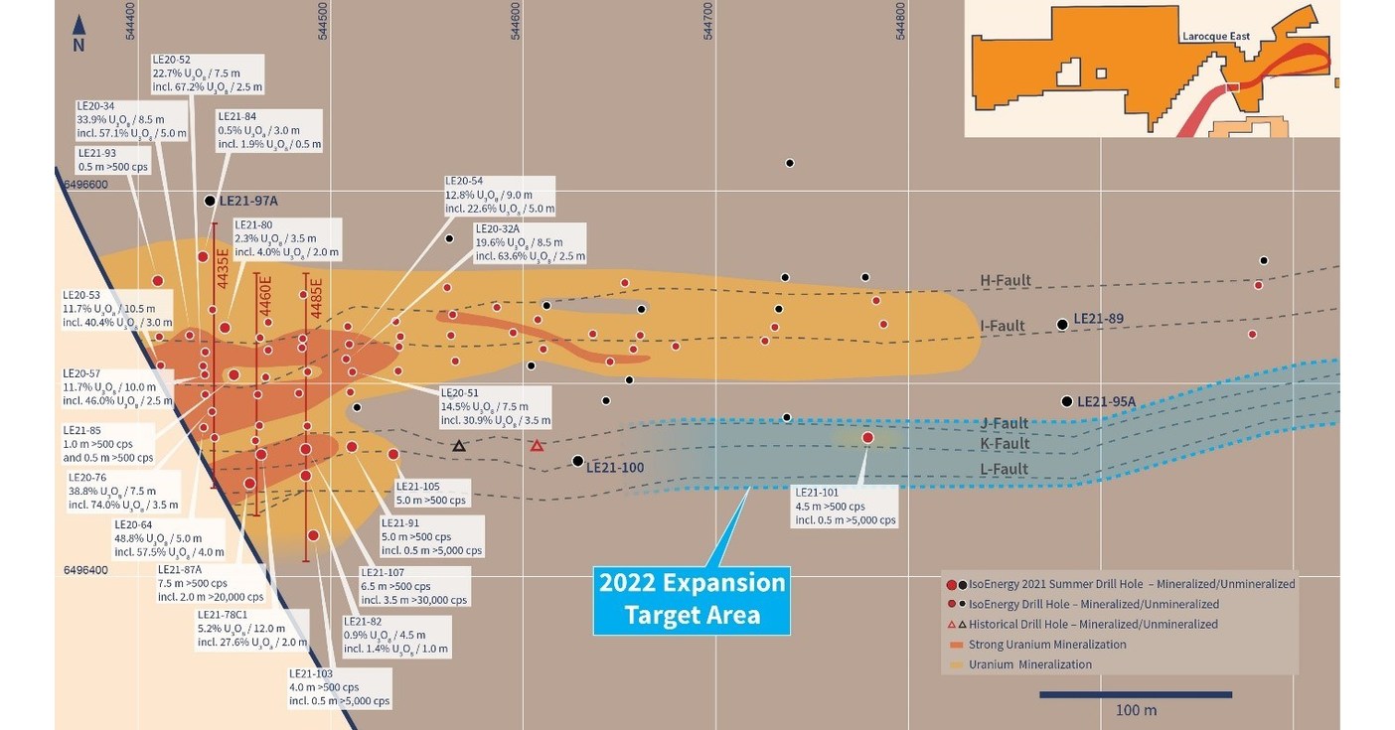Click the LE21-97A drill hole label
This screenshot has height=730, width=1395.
pyautogui.click(x=248, y=201)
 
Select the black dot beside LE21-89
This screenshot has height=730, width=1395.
pyautogui.click(x=1062, y=324)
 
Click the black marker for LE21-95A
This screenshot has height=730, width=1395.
pyautogui.click(x=1066, y=401)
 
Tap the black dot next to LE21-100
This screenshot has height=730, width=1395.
pyautogui.click(x=578, y=461)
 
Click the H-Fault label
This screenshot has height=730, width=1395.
pyautogui.click(x=1006, y=281)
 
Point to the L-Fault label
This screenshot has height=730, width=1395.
pyautogui.click(x=1004, y=469)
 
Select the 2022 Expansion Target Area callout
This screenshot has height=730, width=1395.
pyautogui.click(x=692, y=599)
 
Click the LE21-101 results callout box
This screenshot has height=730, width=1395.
pyautogui.click(x=845, y=506)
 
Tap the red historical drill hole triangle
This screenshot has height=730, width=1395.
pyautogui.click(x=537, y=446)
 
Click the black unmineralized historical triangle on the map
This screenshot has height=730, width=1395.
pyautogui.click(x=458, y=446)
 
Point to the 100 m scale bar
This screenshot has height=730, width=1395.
pyautogui.click(x=1135, y=694)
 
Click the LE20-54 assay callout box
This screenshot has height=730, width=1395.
pyautogui.click(x=499, y=196)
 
